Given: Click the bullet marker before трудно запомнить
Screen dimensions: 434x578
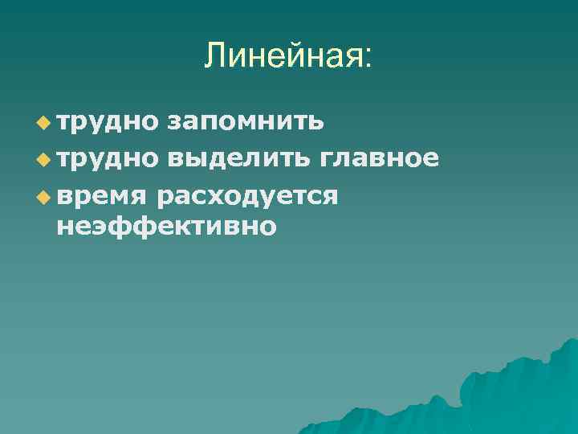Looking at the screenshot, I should (43, 123).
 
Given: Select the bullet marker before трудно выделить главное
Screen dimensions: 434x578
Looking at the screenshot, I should (43, 159).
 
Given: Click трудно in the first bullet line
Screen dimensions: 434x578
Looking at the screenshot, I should (108, 123).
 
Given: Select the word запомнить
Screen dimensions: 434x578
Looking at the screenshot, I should (246, 123).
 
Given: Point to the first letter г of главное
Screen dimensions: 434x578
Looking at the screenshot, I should (328, 159).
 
